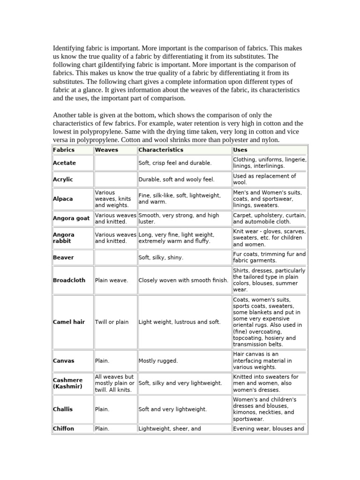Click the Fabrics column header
[64, 150]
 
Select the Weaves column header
[106, 150]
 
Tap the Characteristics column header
[161, 150]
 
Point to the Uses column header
[240, 150]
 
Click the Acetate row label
[64, 163]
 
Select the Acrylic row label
[63, 180]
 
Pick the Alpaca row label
[63, 199]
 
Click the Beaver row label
[63, 257]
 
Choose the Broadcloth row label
[69, 280]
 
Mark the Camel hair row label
[69, 322]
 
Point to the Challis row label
[63, 409]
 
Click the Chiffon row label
[64, 428]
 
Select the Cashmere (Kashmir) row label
[68, 383]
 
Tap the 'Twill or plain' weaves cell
[112, 322]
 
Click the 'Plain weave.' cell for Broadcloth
[112, 280]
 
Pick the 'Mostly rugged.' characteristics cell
[158, 361]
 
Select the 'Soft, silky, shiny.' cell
[161, 257]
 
